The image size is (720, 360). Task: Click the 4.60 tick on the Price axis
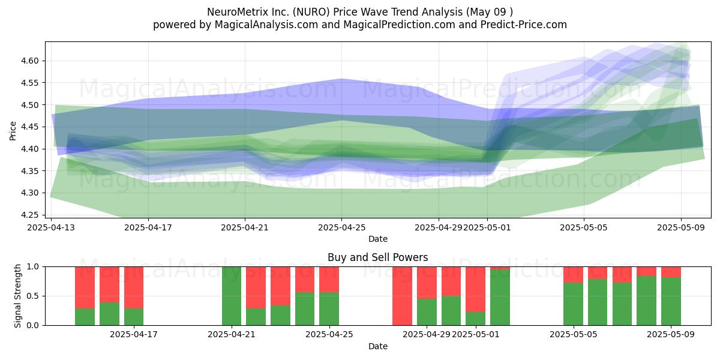(x=29, y=61)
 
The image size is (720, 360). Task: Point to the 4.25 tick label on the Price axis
(x=29, y=215)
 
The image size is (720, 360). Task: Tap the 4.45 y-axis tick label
(x=29, y=127)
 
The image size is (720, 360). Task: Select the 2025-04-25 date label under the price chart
(x=341, y=227)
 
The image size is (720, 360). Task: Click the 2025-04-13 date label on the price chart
(x=51, y=227)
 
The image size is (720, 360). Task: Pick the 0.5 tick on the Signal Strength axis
(x=33, y=296)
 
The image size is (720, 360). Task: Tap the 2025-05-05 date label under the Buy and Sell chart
(x=574, y=335)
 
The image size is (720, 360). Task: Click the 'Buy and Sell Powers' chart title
(x=377, y=257)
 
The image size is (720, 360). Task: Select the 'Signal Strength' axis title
(x=17, y=296)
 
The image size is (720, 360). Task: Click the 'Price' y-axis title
(x=13, y=131)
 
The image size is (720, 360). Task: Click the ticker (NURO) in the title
(x=311, y=12)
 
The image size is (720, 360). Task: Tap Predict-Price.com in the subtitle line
(x=524, y=25)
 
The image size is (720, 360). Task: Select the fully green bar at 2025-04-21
(x=232, y=296)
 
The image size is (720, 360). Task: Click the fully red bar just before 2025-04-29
(x=402, y=296)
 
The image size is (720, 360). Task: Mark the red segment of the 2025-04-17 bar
(x=134, y=287)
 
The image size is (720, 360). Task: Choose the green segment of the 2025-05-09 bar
(x=671, y=301)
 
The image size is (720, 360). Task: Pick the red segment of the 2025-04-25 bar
(x=329, y=280)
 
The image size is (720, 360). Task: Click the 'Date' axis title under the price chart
(x=377, y=239)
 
